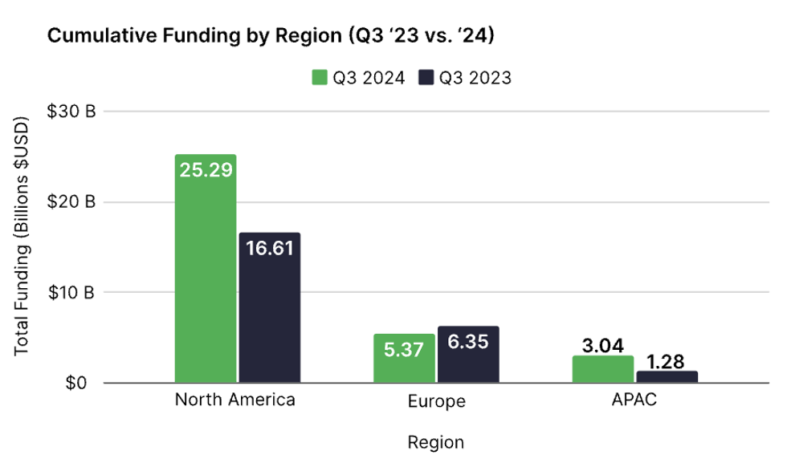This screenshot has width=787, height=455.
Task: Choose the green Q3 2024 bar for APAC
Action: (603, 370)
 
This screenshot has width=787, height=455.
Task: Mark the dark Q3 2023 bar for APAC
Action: (667, 376)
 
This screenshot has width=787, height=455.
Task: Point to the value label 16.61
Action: (270, 248)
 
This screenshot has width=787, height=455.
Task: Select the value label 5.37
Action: (404, 350)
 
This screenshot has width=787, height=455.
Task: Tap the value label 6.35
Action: (468, 341)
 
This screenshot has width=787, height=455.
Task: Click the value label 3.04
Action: (603, 346)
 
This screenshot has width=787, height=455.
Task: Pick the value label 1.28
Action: (667, 361)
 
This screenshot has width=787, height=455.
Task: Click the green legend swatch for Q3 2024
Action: (319, 78)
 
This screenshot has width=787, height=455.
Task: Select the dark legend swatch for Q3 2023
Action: (426, 78)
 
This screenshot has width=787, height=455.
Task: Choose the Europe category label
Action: (437, 400)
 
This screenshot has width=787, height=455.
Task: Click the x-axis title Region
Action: (435, 441)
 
